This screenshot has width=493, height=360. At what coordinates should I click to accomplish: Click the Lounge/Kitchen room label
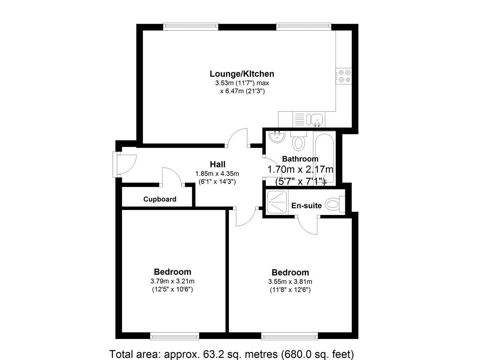[x=242, y=74]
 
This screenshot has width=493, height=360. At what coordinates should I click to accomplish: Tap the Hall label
[x=218, y=164]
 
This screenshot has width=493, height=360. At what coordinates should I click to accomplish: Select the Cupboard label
[x=160, y=199]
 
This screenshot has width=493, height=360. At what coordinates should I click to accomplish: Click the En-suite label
[x=306, y=206]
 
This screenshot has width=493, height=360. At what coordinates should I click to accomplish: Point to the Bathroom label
[x=300, y=159]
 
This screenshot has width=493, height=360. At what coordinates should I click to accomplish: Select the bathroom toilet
[x=299, y=142]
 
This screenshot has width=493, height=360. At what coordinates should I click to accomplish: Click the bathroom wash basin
[x=276, y=137]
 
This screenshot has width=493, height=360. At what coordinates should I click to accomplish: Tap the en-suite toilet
[x=333, y=204]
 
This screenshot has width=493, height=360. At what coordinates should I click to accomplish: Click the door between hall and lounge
[x=238, y=137]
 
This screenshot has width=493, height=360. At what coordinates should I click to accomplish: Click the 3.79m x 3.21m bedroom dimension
[x=172, y=282]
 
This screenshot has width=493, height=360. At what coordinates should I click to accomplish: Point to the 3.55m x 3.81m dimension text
[x=290, y=282]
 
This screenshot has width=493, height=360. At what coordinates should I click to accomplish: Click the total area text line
[x=231, y=354]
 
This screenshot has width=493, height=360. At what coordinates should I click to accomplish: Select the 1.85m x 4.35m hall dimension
[x=217, y=174]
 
